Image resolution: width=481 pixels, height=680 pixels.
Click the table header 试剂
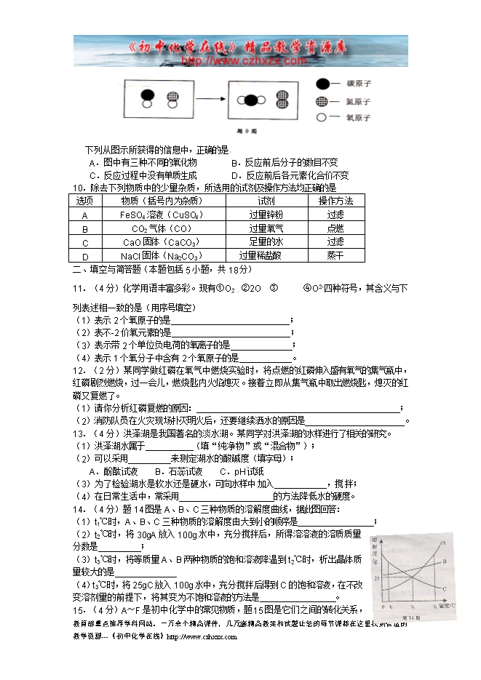pos(266,201)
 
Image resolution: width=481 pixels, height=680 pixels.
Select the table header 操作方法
pos(335,201)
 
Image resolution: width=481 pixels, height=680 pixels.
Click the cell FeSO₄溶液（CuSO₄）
pos(161,215)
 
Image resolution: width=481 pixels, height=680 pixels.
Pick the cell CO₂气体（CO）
pos(161,228)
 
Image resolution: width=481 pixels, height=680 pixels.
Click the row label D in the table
pos(85,256)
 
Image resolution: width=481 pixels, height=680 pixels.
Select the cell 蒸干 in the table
pos(335,255)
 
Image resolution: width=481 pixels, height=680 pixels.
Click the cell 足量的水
pos(266,242)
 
